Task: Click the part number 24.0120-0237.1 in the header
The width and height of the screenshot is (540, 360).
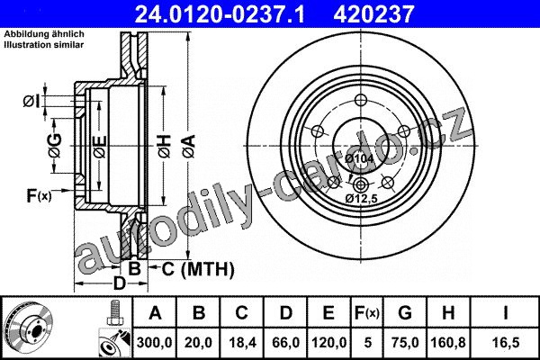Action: pos(220,14)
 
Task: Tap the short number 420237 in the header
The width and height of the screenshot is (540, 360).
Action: pos(373,14)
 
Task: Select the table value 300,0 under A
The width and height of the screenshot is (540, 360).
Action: pos(154,343)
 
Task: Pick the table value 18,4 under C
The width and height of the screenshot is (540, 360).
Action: pos(242,343)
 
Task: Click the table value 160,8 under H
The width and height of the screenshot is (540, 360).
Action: pos(448,343)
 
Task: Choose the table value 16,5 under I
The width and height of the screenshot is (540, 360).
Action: pos(505,343)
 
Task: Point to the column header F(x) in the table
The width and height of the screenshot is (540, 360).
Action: pos(367,313)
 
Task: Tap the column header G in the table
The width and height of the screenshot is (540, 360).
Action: pos(405,313)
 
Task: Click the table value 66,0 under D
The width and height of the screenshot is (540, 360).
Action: pos(286,343)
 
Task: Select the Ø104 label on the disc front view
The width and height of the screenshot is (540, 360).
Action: pos(359,158)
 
